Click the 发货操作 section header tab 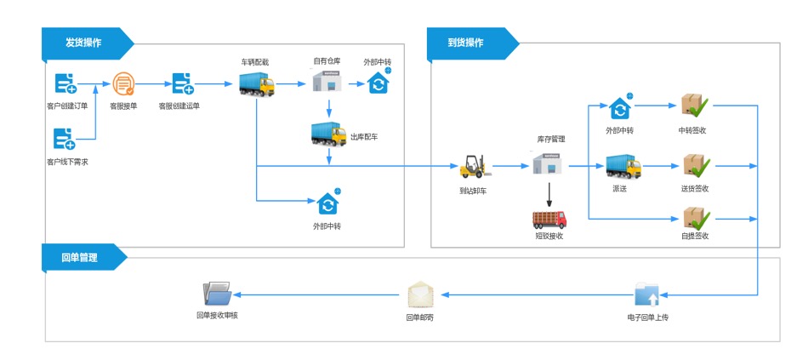point(83,43)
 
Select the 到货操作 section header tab point(466,43)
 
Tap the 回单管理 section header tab point(80,257)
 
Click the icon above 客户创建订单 point(65,83)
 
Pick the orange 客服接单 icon point(124,84)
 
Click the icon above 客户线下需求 point(65,138)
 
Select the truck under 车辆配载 point(256,83)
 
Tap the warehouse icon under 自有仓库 point(327,83)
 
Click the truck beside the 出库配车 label point(328,134)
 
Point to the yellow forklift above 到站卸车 point(473,166)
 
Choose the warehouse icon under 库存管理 point(549,163)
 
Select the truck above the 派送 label point(623,166)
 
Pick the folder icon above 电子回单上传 point(646,294)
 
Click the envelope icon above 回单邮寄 point(421,294)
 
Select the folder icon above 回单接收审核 point(217,294)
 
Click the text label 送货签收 point(695,188)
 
